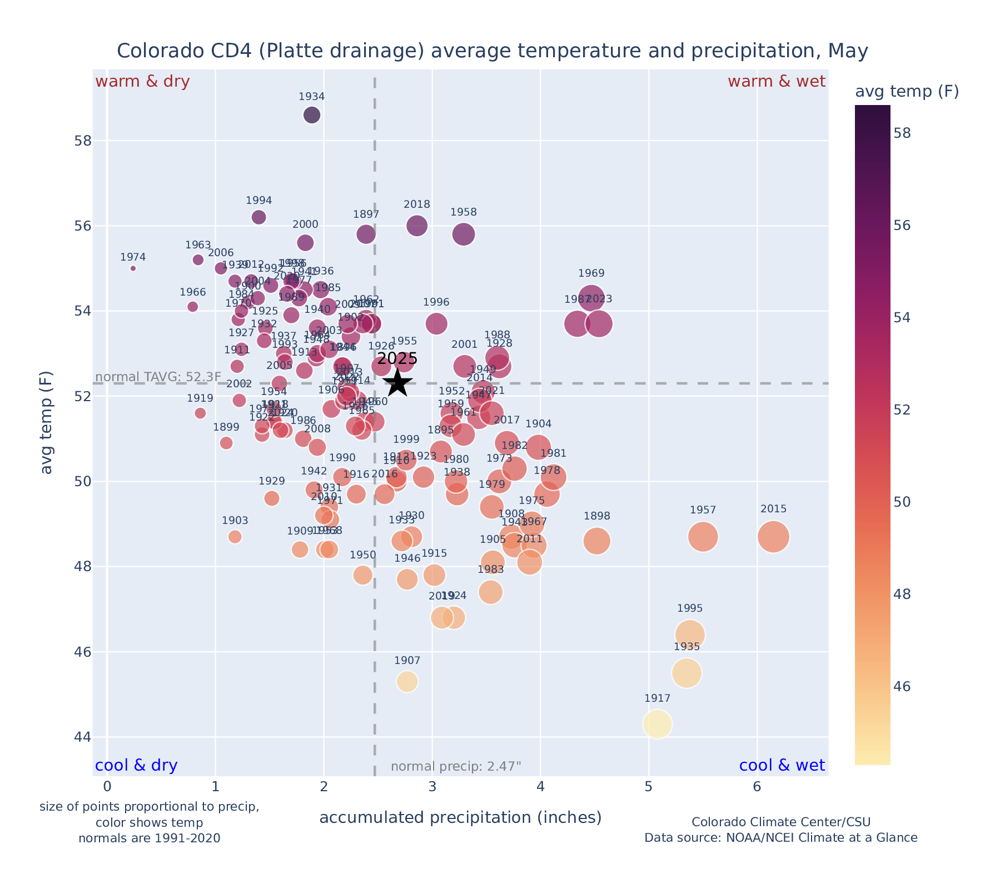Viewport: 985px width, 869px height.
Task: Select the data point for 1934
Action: (312, 115)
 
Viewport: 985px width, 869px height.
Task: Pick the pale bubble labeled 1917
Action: (658, 724)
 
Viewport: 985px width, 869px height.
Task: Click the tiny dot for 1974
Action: (133, 268)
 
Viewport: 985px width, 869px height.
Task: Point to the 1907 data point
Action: (407, 681)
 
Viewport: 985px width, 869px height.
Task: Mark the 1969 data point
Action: (591, 298)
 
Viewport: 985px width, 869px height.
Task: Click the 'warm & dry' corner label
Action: (142, 82)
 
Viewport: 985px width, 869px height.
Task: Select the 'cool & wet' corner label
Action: (782, 766)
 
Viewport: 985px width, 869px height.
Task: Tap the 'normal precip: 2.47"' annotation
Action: (456, 767)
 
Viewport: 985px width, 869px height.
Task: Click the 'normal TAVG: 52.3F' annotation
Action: (158, 377)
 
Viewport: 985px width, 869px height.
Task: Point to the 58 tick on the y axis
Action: (83, 141)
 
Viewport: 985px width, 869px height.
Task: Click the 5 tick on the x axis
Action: (648, 787)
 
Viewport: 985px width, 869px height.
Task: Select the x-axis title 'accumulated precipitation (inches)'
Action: (460, 817)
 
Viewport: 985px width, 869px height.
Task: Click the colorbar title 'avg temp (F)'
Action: (907, 92)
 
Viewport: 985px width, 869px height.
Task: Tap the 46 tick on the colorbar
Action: (903, 687)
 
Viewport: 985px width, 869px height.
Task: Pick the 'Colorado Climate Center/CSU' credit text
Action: (780, 822)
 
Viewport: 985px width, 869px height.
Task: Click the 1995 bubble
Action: (690, 635)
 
